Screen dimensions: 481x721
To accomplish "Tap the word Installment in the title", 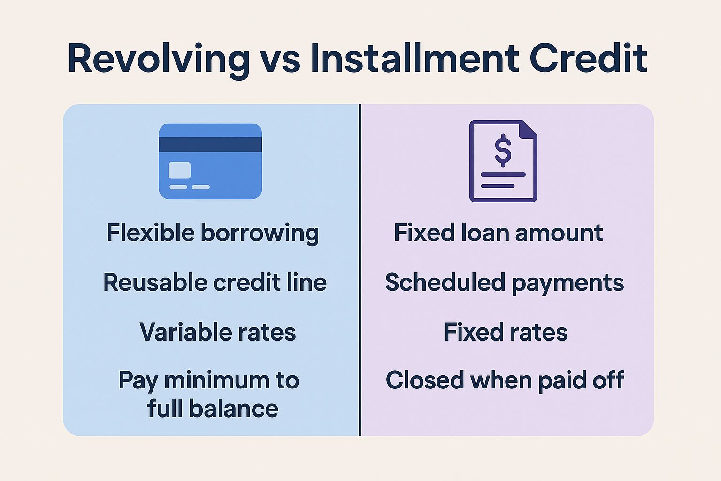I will pyautogui.click(x=414, y=59).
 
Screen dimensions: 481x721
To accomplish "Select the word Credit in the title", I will pyautogui.click(x=588, y=59).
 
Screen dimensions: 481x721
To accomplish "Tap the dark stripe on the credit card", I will pyautogui.click(x=210, y=145).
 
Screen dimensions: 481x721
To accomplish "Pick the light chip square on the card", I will pyautogui.click(x=180, y=170).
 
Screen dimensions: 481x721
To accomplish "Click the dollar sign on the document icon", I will pyautogui.click(x=503, y=150).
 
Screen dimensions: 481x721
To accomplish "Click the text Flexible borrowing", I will pyautogui.click(x=213, y=233).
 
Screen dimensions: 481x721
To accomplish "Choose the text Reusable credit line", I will pyautogui.click(x=215, y=283).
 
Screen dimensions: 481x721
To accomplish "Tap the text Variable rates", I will pyautogui.click(x=218, y=332).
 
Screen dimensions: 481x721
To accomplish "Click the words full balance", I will pyautogui.click(x=213, y=409).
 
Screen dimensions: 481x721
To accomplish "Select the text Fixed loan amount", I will pyautogui.click(x=498, y=233).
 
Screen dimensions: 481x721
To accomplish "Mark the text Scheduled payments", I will pyautogui.click(x=505, y=283).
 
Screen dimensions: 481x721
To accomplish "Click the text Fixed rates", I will pyautogui.click(x=506, y=332).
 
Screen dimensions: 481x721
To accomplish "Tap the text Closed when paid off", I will pyautogui.click(x=505, y=380).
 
